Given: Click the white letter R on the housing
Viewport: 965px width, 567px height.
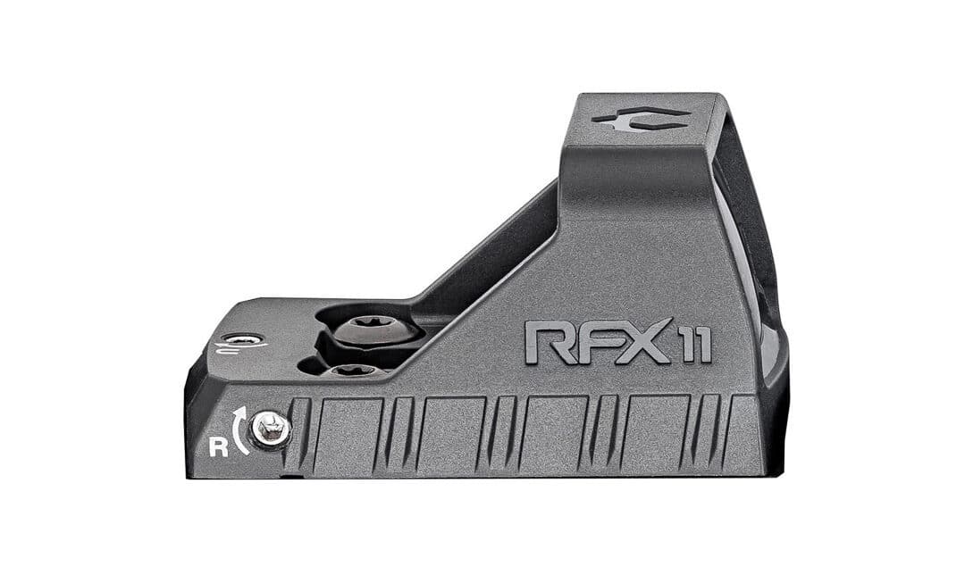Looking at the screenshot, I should click(218, 446).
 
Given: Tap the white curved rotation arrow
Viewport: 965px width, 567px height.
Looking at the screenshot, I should click(239, 429).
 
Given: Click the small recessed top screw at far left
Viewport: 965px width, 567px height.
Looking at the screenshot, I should click(241, 339).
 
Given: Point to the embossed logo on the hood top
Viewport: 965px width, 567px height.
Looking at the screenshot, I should click(640, 121).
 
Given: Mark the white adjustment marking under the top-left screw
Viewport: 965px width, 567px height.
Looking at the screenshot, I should click(234, 351).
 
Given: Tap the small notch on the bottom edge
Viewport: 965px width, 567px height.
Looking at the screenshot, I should click(286, 476).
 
